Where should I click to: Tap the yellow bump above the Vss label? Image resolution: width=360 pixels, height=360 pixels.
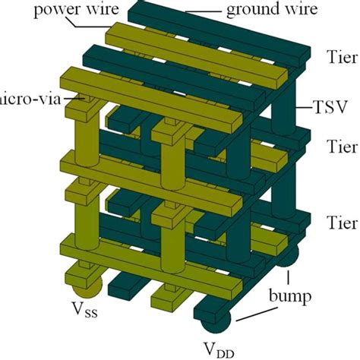click(85, 292)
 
